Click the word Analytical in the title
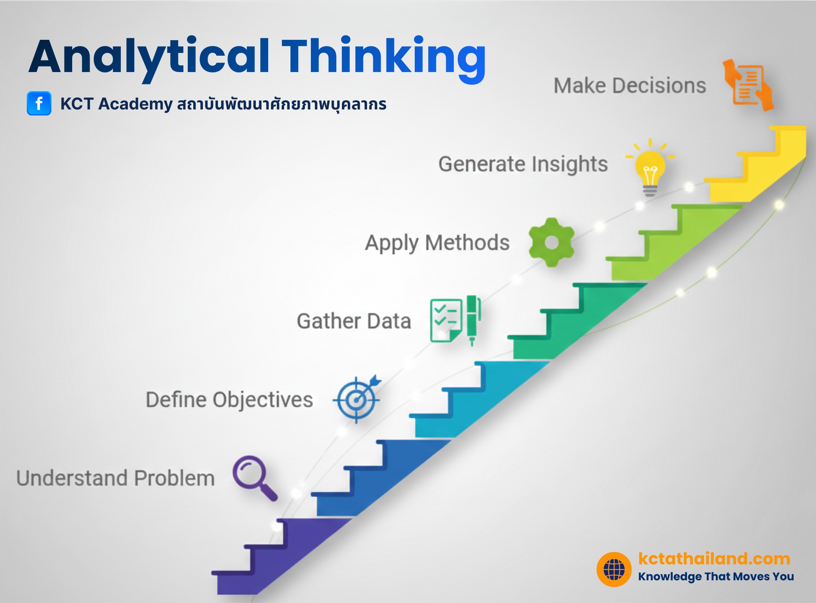pyautogui.click(x=149, y=57)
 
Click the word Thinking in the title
pyautogui.click(x=383, y=57)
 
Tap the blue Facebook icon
pyautogui.click(x=39, y=103)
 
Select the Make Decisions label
pyautogui.click(x=630, y=86)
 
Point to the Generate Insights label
pyautogui.click(x=523, y=164)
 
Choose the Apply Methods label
pyautogui.click(x=437, y=242)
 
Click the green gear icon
pyautogui.click(x=551, y=242)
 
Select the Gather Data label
pyautogui.click(x=354, y=321)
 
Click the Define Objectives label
pyautogui.click(x=229, y=399)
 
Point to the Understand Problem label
pyautogui.click(x=116, y=478)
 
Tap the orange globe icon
pyautogui.click(x=614, y=569)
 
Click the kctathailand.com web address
pyautogui.click(x=714, y=558)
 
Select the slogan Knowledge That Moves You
pyautogui.click(x=716, y=576)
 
